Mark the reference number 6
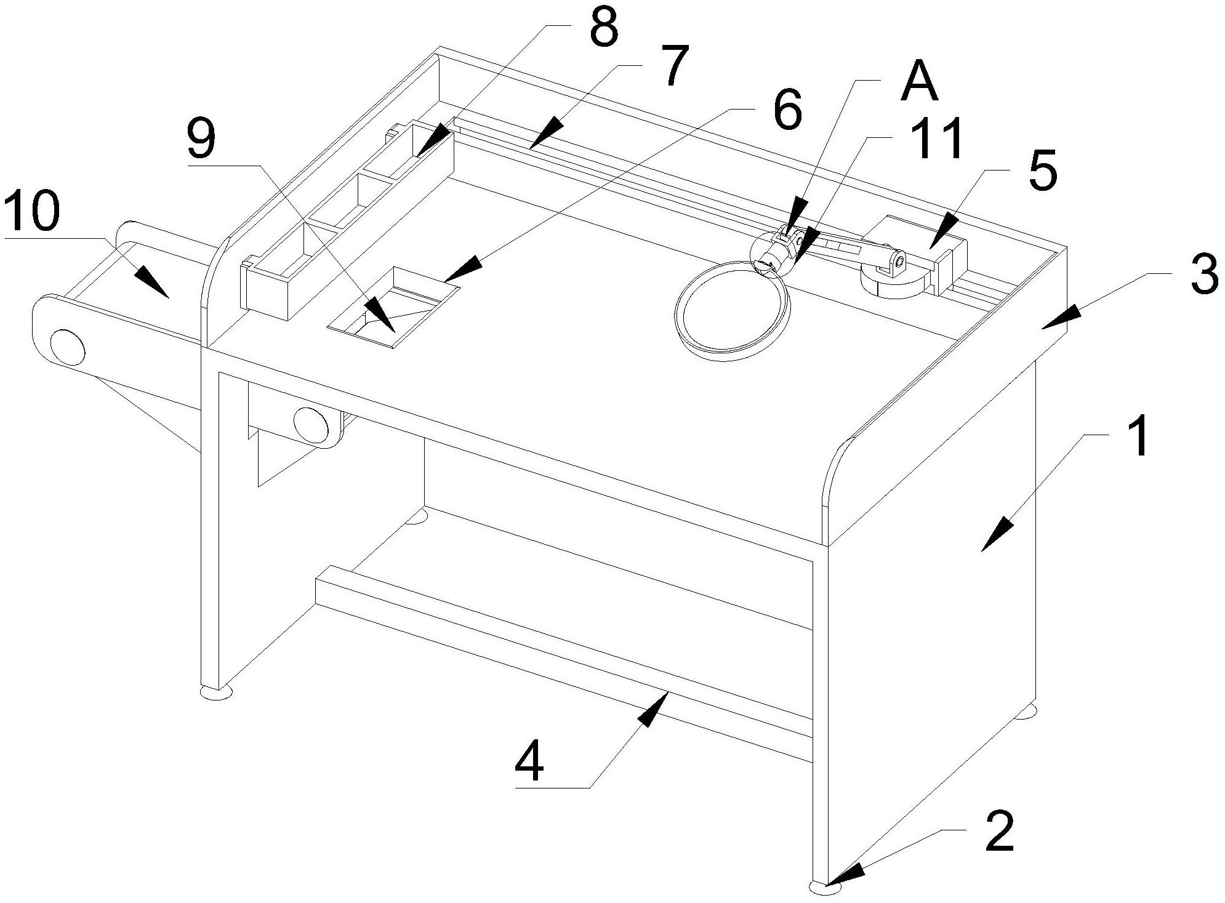point(787,111)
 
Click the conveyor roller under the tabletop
point(312,423)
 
